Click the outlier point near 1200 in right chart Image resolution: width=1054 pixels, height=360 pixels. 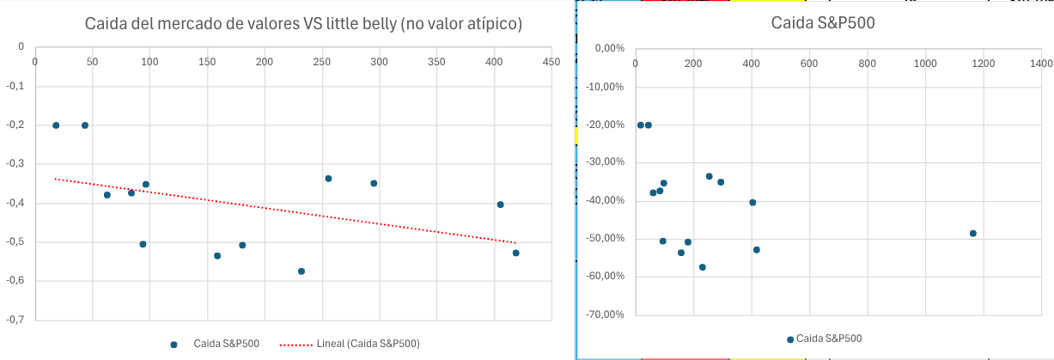click(x=973, y=233)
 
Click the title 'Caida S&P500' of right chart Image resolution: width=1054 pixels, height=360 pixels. click(x=812, y=23)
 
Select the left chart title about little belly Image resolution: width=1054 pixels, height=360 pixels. click(x=303, y=23)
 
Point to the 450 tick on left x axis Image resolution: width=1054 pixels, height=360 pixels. click(x=551, y=62)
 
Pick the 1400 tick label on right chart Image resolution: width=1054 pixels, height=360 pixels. click(x=1041, y=64)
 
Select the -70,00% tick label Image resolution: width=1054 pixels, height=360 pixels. click(x=604, y=314)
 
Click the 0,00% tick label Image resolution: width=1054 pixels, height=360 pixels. click(x=609, y=49)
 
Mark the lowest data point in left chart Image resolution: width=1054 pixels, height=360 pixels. click(x=302, y=272)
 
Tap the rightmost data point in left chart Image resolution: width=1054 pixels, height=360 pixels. click(x=516, y=253)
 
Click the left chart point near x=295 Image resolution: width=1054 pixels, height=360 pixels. click(x=374, y=183)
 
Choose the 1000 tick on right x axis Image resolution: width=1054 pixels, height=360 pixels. click(x=925, y=64)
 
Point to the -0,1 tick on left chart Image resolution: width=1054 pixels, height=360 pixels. click(x=15, y=86)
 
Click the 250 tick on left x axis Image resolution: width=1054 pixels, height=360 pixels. click(x=322, y=62)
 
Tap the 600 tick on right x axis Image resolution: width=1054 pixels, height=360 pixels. click(x=809, y=64)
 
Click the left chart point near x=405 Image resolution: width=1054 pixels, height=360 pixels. click(x=500, y=204)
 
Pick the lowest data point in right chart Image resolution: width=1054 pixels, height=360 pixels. click(x=702, y=267)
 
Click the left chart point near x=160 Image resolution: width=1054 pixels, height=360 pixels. click(x=217, y=256)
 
